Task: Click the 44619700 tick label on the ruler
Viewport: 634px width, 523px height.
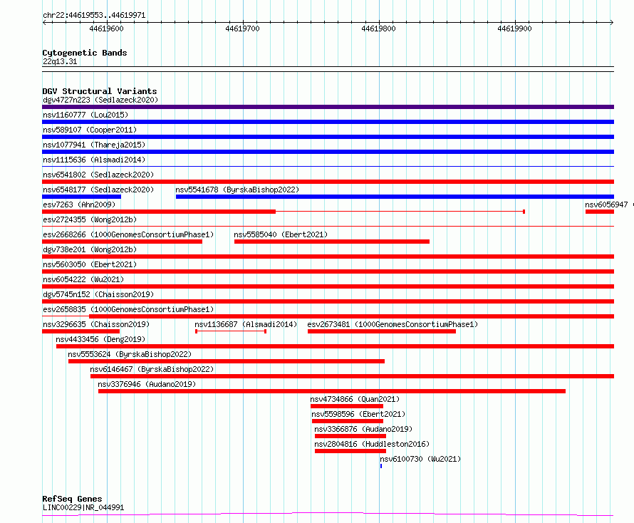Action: [x=242, y=29]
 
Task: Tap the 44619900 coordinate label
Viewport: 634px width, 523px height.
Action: [x=514, y=29]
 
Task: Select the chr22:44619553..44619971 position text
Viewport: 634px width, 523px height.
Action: [x=94, y=16]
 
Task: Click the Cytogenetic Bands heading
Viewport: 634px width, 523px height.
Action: [x=85, y=53]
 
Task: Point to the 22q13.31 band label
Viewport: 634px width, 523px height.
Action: [x=60, y=61]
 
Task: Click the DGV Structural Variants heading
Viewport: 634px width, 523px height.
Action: [x=100, y=91]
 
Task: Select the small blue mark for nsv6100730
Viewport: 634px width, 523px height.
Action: [x=381, y=466]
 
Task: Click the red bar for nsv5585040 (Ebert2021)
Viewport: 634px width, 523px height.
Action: [x=331, y=242]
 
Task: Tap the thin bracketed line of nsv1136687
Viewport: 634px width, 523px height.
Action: [x=231, y=331]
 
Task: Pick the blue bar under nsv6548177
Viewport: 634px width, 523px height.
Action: [x=82, y=197]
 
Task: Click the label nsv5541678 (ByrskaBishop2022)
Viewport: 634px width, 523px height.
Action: [x=237, y=190]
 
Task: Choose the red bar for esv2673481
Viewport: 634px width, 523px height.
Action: [x=382, y=331]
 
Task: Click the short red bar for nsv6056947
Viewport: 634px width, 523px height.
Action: [x=600, y=212]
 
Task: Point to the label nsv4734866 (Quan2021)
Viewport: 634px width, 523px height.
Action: [x=355, y=399]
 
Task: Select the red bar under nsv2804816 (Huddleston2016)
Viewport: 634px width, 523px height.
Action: [x=350, y=451]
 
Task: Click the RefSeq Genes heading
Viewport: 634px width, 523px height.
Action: [x=73, y=499]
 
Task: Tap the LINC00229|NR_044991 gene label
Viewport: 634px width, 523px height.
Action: [x=83, y=507]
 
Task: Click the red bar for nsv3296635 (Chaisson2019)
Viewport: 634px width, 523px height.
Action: [x=81, y=331]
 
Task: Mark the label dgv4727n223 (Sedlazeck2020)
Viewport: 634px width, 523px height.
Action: [x=100, y=100]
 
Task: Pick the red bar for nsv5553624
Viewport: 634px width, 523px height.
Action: [x=227, y=361]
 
